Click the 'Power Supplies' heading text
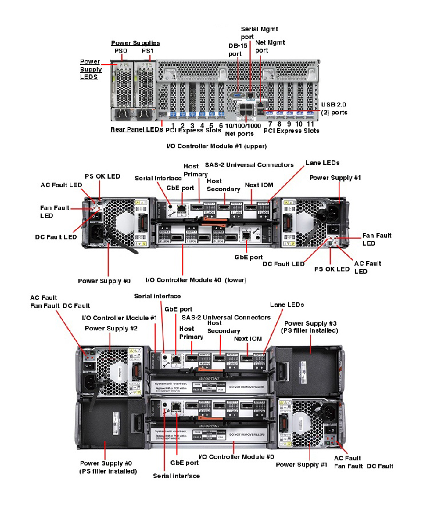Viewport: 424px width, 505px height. point(135,43)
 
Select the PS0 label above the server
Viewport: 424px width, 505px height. point(120,51)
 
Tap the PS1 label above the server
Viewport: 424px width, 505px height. point(148,51)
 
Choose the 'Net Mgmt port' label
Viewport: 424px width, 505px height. point(270,46)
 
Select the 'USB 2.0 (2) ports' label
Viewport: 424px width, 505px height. point(334,108)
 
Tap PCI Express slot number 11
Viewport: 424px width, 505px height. point(311,124)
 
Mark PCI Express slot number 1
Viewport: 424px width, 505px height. point(172,125)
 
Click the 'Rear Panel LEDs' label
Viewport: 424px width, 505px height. point(137,129)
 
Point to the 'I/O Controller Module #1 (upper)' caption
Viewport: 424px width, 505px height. point(216,147)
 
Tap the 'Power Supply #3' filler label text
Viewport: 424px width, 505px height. point(309,327)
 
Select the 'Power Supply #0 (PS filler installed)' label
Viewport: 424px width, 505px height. point(108,467)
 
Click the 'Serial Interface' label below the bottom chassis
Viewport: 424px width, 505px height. point(176,476)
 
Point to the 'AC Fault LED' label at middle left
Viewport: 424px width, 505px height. point(61,185)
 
